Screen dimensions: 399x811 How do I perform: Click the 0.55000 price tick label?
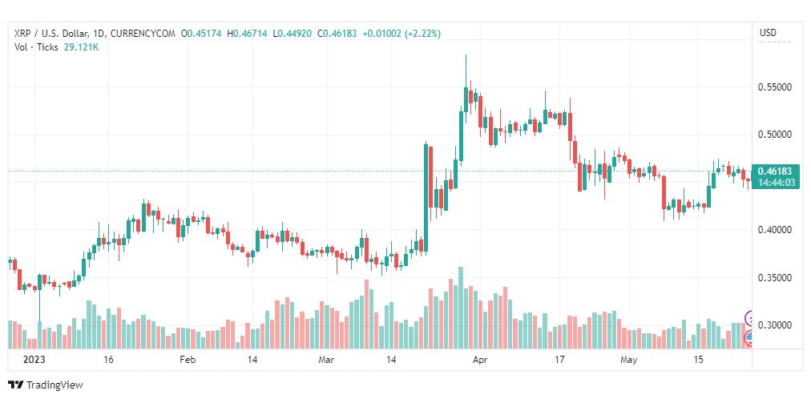click(774, 87)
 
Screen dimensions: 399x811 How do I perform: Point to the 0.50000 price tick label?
click(774, 135)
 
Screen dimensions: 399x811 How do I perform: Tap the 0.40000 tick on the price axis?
click(774, 230)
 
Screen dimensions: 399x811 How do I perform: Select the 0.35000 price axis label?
click(774, 278)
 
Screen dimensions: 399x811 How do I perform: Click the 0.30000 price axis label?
click(774, 325)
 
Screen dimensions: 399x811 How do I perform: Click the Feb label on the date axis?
click(187, 361)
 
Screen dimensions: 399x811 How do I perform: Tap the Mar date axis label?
click(327, 361)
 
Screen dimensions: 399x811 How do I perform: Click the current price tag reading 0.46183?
click(774, 171)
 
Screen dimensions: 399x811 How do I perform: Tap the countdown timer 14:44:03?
click(774, 183)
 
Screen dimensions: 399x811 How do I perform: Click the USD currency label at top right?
click(768, 33)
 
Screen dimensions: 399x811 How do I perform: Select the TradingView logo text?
click(54, 385)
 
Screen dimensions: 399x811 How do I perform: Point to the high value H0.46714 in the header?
click(248, 34)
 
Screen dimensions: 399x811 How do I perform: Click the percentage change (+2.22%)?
click(422, 34)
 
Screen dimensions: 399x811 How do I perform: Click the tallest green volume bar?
click(461, 308)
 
